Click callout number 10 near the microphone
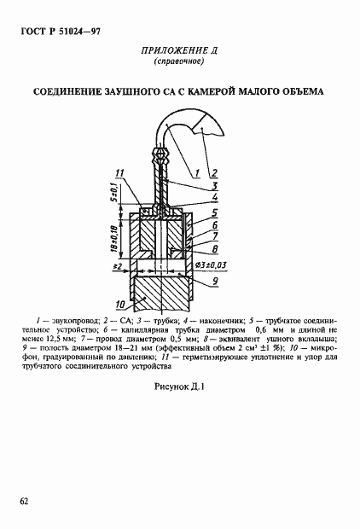point(119,304)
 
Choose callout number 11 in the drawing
point(120,174)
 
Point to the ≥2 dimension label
point(117,266)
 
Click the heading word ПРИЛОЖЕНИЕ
point(167,51)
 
